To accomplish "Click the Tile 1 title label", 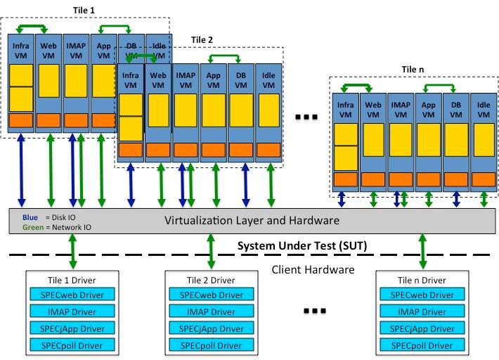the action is [84, 10].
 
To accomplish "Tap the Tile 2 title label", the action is [202, 40].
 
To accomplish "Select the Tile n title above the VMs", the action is [413, 70].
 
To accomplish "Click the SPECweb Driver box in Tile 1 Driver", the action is [72, 295].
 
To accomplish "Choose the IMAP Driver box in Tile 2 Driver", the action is [212, 311].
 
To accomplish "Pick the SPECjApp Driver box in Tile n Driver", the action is [422, 328].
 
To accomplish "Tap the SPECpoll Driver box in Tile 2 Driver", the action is [212, 345].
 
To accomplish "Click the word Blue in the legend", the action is [30, 217].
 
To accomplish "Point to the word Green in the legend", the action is [33, 227].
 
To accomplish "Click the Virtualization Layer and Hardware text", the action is [252, 220].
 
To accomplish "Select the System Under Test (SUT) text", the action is [302, 245].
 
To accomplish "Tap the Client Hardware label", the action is [313, 269].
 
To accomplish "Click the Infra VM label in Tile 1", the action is [20, 51].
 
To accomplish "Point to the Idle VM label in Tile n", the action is [484, 110].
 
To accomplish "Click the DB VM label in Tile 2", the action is [241, 80].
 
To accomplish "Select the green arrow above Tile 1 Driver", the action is [72, 251].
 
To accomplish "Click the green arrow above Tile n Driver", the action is [422, 251].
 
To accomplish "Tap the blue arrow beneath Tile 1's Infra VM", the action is [21, 170].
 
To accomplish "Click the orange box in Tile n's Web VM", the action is [373, 179].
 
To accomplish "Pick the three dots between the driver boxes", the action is [315, 311].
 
